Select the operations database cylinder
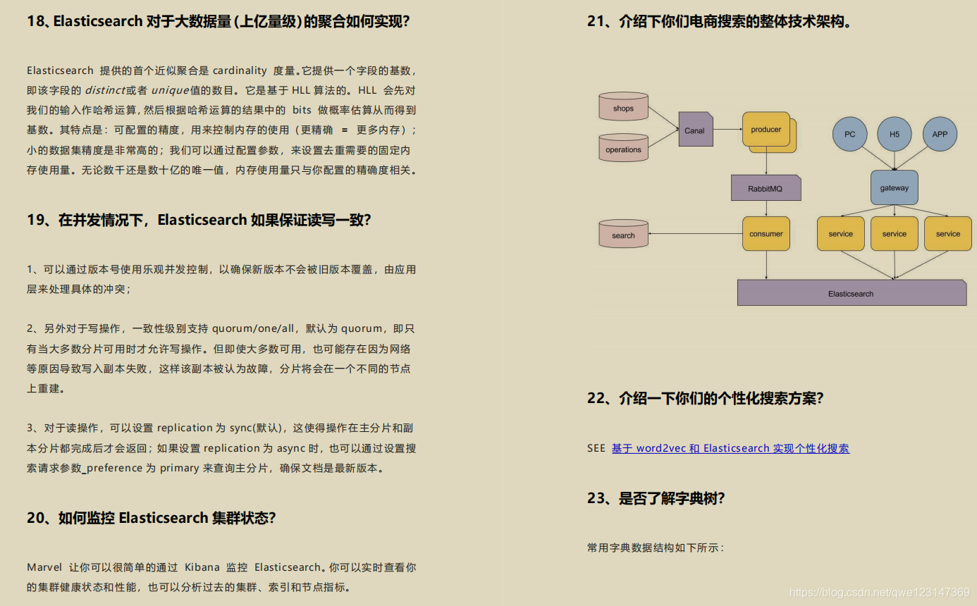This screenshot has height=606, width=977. [x=623, y=149]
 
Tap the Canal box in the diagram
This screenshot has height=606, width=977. [x=695, y=130]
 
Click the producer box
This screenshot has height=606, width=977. [x=766, y=129]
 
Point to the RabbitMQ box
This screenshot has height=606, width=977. [x=766, y=188]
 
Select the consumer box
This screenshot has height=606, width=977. [x=766, y=233]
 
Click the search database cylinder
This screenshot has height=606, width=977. [x=623, y=235]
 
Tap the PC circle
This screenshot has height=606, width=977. [x=849, y=134]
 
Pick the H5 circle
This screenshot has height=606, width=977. [x=895, y=134]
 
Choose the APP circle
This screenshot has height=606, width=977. [x=940, y=134]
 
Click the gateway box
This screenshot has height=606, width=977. [x=895, y=187]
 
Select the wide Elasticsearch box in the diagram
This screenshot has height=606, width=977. [x=851, y=293]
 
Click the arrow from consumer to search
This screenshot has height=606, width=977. [x=695, y=234]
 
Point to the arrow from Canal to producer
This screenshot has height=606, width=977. [x=727, y=130]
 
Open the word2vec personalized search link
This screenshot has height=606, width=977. [x=730, y=448]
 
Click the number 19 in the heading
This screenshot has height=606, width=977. [x=36, y=220]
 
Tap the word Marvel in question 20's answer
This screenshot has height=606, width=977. [x=44, y=567]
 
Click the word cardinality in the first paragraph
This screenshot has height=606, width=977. [x=240, y=70]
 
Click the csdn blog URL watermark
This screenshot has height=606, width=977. [x=879, y=592]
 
